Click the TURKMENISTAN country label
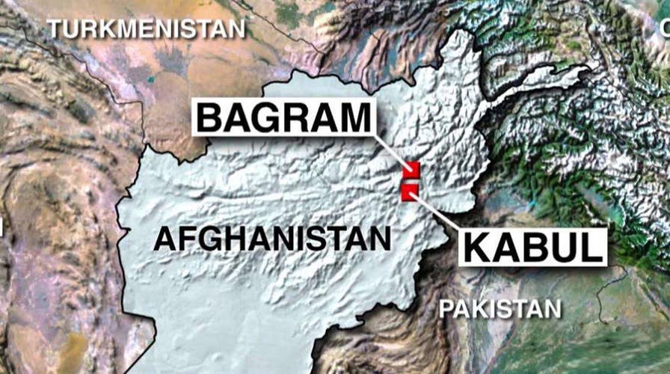click(x=146, y=29)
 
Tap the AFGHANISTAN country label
click(x=271, y=239)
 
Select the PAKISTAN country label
click(x=500, y=308)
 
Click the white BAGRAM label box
click(x=284, y=119)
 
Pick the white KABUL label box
click(x=532, y=246)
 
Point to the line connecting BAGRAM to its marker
click(x=391, y=153)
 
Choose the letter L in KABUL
click(x=587, y=246)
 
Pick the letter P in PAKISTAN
click(x=446, y=308)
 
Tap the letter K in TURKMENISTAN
click(x=108, y=29)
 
